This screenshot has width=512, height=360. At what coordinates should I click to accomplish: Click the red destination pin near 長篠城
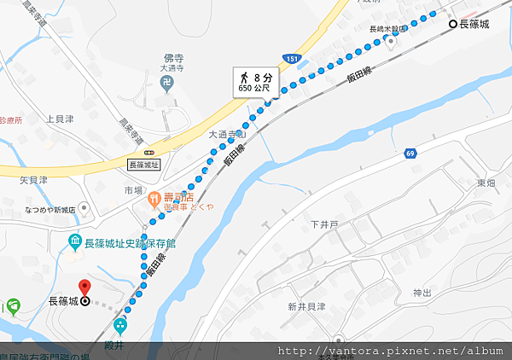pos(84,287)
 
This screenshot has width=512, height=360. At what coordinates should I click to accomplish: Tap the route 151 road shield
pos(293,59)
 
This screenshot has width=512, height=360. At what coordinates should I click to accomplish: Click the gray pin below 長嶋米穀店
pos(390,44)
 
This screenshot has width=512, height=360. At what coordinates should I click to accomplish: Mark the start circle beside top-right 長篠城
pos(454,26)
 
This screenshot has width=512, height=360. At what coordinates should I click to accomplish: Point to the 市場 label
pos(132,189)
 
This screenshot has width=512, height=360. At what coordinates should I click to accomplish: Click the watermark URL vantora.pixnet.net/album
pos(393,351)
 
